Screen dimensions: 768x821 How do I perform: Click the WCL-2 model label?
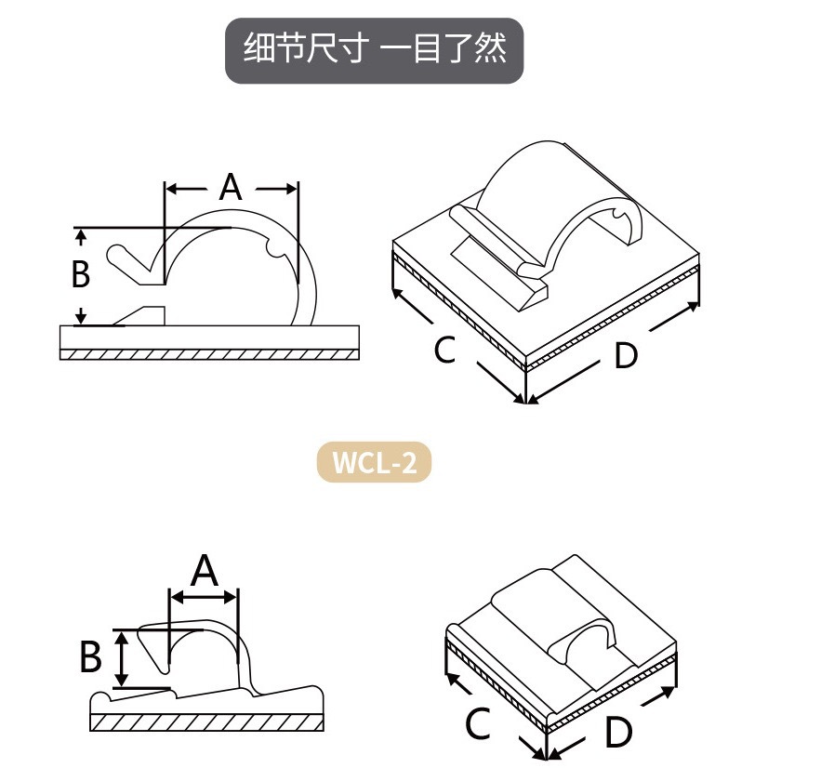click(x=374, y=462)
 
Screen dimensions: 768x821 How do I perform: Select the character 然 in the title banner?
click(x=490, y=47)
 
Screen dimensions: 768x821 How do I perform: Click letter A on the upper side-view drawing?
click(x=231, y=188)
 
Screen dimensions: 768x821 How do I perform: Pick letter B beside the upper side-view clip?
click(x=81, y=274)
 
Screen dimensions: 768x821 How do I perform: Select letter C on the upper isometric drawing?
click(x=444, y=351)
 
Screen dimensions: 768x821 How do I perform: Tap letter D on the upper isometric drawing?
click(x=626, y=355)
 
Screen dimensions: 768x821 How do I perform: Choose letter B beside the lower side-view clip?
click(x=90, y=657)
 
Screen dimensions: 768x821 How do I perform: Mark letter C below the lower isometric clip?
click(x=477, y=723)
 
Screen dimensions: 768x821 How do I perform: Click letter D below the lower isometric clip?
click(x=618, y=733)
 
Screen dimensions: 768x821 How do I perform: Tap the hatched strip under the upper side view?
click(x=209, y=354)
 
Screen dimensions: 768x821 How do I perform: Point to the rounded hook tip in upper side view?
click(x=117, y=252)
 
